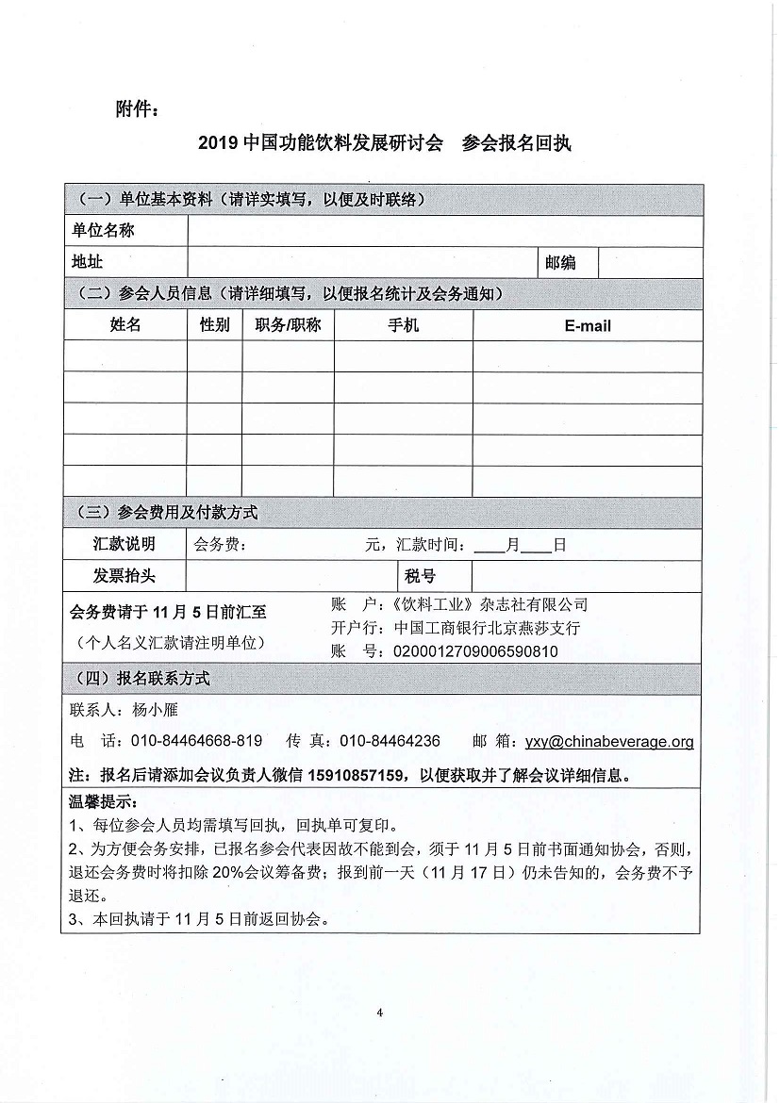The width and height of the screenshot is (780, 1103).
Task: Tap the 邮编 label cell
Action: pyautogui.click(x=560, y=262)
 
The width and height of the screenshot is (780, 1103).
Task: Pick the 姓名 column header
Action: pyautogui.click(x=125, y=325)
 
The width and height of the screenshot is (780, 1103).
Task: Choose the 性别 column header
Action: pyautogui.click(x=214, y=325)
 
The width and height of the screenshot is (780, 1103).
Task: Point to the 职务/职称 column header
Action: pyautogui.click(x=288, y=325)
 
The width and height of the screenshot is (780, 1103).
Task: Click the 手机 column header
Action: pyautogui.click(x=403, y=325)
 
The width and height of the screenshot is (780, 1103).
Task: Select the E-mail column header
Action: pyautogui.click(x=588, y=325)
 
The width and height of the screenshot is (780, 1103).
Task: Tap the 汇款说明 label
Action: pyautogui.click(x=124, y=544)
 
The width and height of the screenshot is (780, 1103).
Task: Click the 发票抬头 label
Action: pyautogui.click(x=124, y=576)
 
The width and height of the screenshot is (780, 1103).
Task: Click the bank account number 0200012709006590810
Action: pyautogui.click(x=474, y=651)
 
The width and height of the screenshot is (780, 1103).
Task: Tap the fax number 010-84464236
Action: pyautogui.click(x=390, y=741)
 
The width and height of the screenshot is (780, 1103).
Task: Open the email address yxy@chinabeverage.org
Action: pyautogui.click(x=609, y=741)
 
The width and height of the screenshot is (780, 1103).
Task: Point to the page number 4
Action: pyautogui.click(x=378, y=1013)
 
